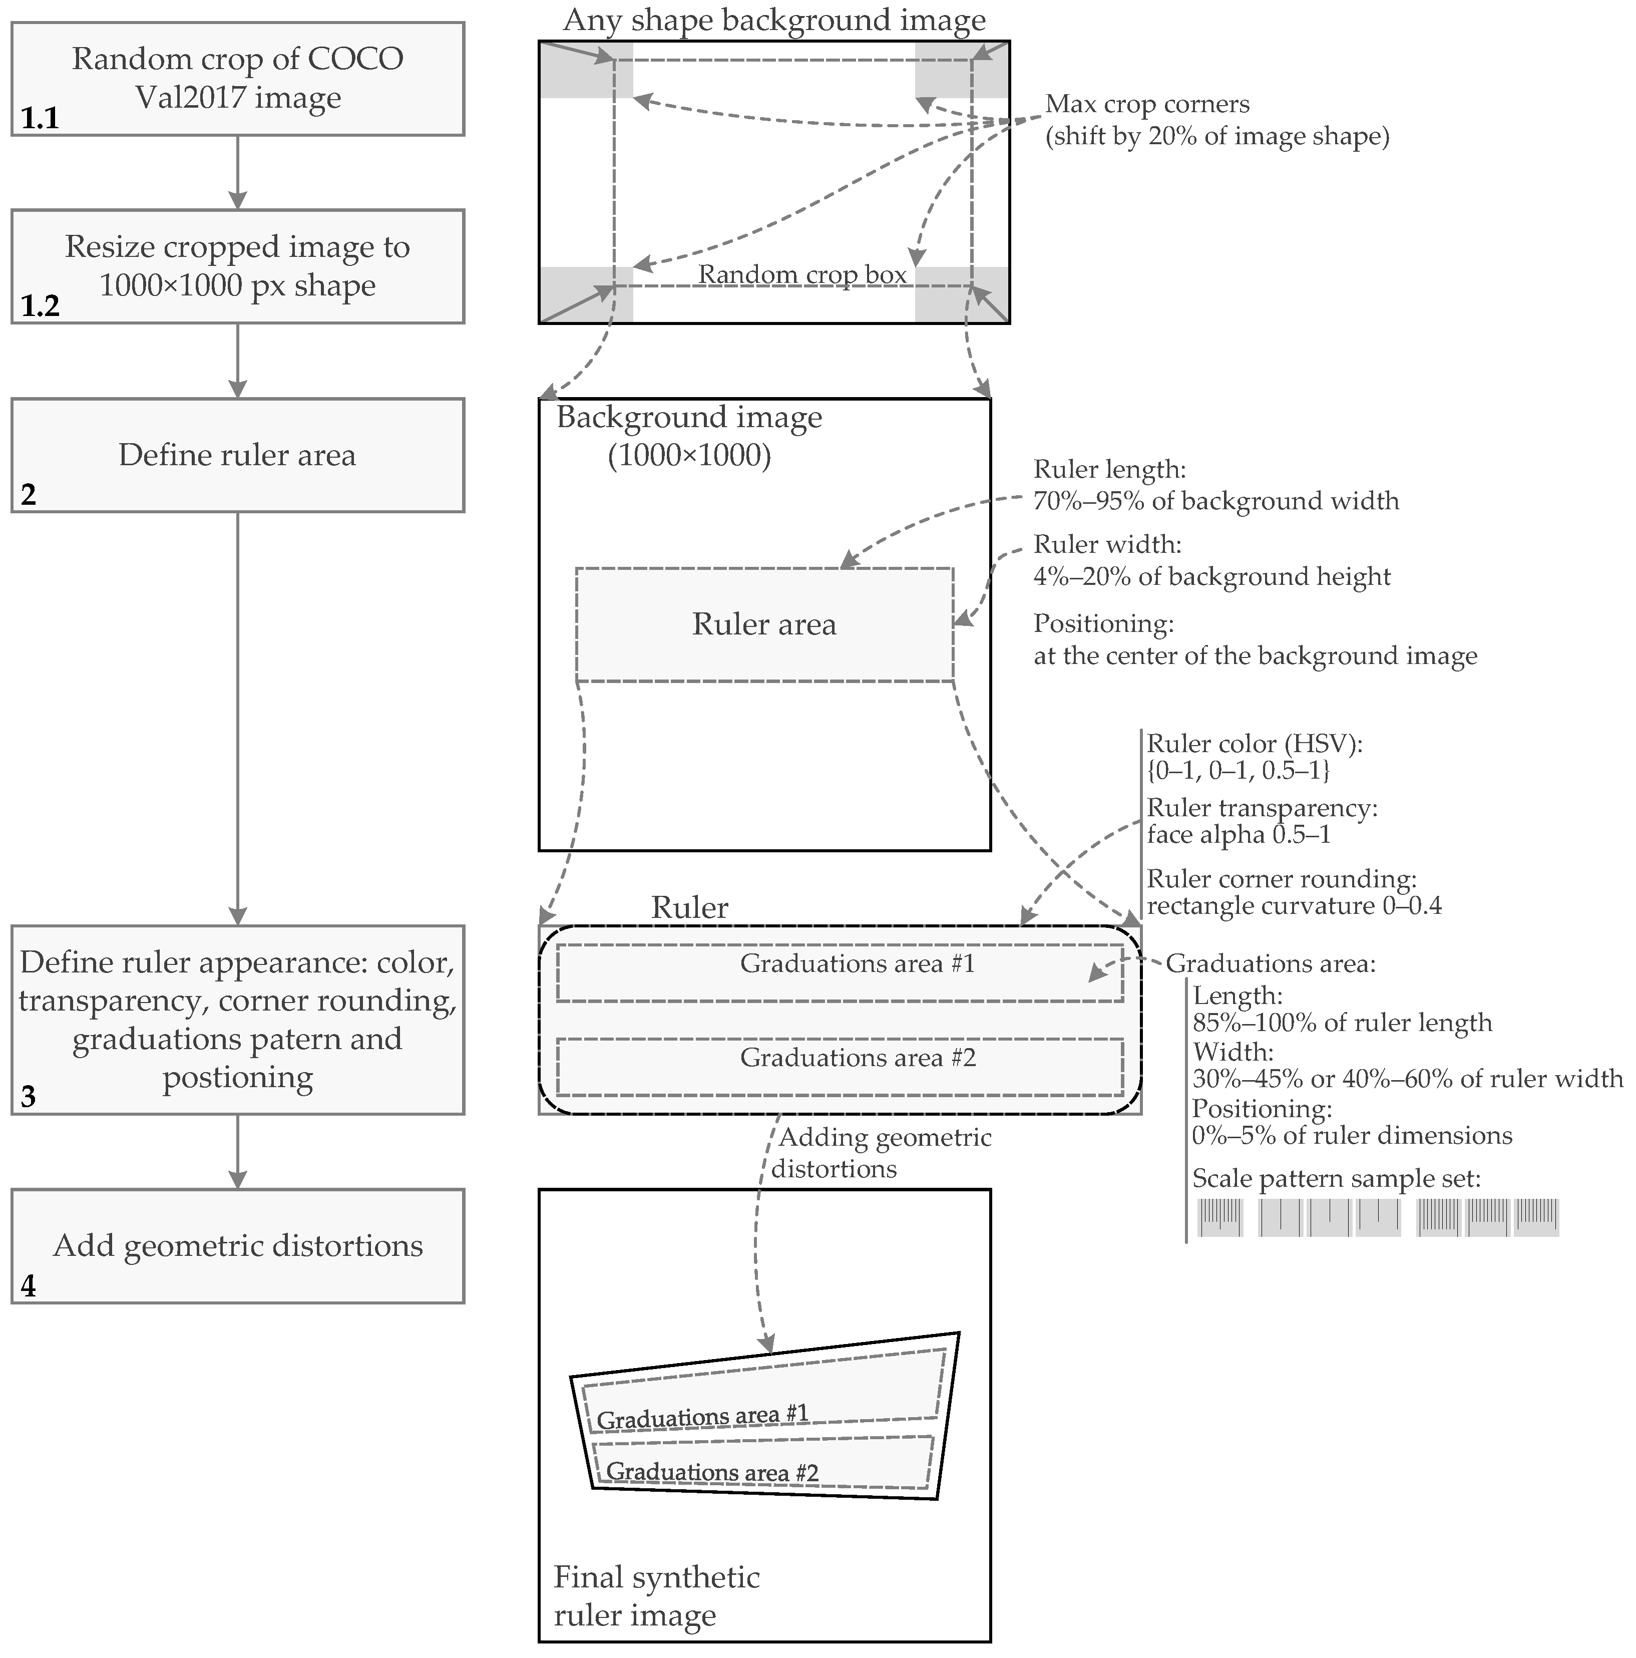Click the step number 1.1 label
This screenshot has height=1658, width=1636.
pos(40,118)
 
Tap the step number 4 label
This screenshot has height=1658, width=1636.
pos(29,1285)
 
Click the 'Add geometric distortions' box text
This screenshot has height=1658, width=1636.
pos(238,1245)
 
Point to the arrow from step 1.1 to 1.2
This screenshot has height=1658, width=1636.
pos(238,172)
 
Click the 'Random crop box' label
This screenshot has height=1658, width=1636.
pos(801,274)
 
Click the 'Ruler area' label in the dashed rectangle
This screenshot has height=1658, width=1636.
pos(763,624)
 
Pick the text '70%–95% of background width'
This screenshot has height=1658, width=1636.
pos(1215,501)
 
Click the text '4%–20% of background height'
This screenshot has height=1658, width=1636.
pos(1211,577)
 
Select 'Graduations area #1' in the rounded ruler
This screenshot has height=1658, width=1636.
pos(857,964)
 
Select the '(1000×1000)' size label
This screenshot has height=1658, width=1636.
pos(689,456)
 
